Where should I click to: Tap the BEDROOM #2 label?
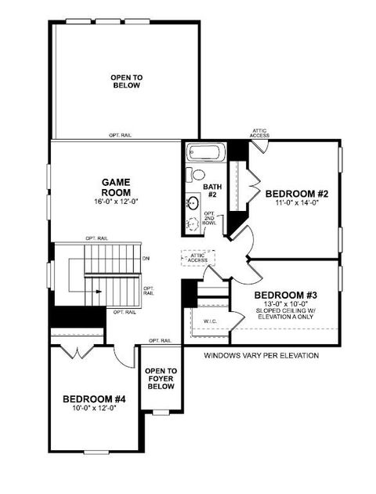click(295, 194)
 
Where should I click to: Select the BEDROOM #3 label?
click(286, 295)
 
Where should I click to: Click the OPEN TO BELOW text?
click(125, 81)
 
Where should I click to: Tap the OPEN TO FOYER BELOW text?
click(161, 379)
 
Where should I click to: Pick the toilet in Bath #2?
click(198, 174)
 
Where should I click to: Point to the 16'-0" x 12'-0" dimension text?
click(115, 201)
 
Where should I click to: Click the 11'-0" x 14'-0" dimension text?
click(295, 204)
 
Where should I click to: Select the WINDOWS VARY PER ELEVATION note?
click(262, 355)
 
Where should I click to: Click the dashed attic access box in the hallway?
click(197, 258)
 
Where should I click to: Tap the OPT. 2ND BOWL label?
click(209, 219)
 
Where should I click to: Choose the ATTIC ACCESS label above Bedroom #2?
click(260, 133)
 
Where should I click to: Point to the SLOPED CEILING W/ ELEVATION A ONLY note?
click(286, 314)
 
